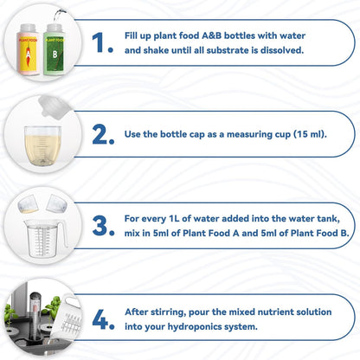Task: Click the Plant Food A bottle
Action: (x=29, y=49)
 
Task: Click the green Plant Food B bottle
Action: (x=55, y=49)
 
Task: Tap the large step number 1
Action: (x=102, y=42)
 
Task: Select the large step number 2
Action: (x=103, y=135)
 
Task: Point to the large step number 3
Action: (x=103, y=226)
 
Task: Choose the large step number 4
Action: (x=103, y=319)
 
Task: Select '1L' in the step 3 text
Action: (x=173, y=218)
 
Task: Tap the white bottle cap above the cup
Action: (x=55, y=107)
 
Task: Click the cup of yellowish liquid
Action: (x=42, y=145)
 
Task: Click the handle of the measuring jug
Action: (x=64, y=235)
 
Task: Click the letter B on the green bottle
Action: (x=55, y=55)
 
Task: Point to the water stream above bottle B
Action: (x=59, y=15)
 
